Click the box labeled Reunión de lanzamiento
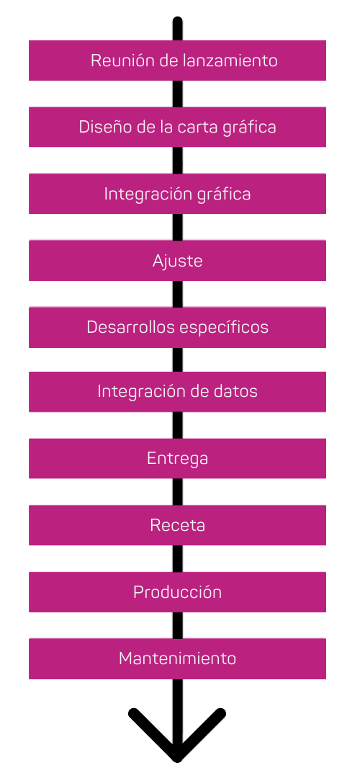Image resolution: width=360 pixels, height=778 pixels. (x=177, y=61)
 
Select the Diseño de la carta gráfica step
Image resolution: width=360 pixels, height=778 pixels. (x=177, y=127)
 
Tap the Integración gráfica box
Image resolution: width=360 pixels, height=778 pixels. (x=177, y=194)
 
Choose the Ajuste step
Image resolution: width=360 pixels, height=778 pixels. (x=177, y=261)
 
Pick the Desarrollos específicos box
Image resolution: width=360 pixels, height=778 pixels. (x=177, y=327)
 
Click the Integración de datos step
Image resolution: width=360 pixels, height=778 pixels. (x=177, y=391)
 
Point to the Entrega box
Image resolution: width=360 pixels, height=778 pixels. (x=177, y=458)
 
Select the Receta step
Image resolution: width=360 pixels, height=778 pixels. (x=177, y=525)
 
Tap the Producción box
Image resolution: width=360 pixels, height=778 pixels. (x=177, y=592)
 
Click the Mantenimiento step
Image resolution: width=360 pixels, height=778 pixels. (x=177, y=658)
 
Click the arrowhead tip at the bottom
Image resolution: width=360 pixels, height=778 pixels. (x=177, y=759)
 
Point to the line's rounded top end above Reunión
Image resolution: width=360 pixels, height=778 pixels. (x=177, y=21)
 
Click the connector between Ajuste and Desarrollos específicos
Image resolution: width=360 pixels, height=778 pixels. (x=177, y=294)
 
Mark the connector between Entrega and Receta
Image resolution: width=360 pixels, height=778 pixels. (x=177, y=492)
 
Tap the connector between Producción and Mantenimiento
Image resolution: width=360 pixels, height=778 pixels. (x=177, y=625)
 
